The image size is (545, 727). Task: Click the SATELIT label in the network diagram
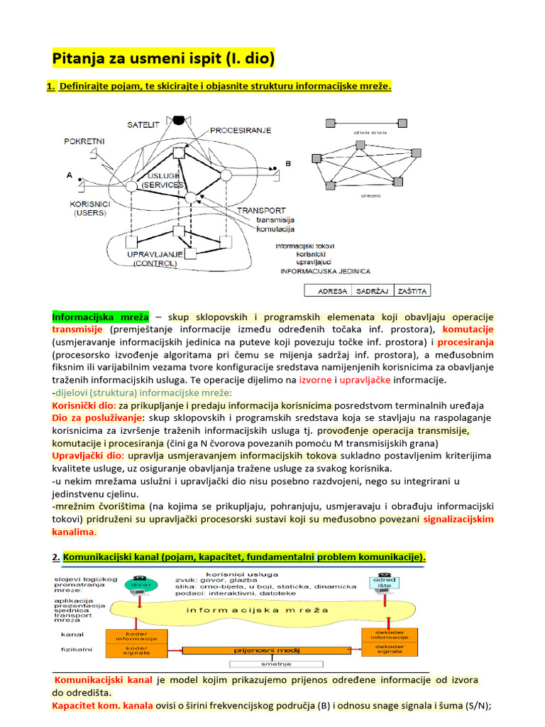pyautogui.click(x=144, y=125)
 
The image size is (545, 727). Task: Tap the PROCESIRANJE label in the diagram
pyautogui.click(x=240, y=131)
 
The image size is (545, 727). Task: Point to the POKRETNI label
pyautogui.click(x=84, y=141)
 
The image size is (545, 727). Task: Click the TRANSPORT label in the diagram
pyautogui.click(x=261, y=210)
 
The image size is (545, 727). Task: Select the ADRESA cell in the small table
pyautogui.click(x=333, y=291)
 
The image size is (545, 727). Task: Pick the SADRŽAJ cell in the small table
pyautogui.click(x=372, y=291)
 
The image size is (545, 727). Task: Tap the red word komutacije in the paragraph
pyautogui.click(x=468, y=329)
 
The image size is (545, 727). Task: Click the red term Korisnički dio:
pyautogui.click(x=84, y=405)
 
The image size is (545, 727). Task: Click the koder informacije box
pyautogui.click(x=136, y=635)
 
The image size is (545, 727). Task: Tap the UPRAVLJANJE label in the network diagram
pyautogui.click(x=155, y=253)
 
